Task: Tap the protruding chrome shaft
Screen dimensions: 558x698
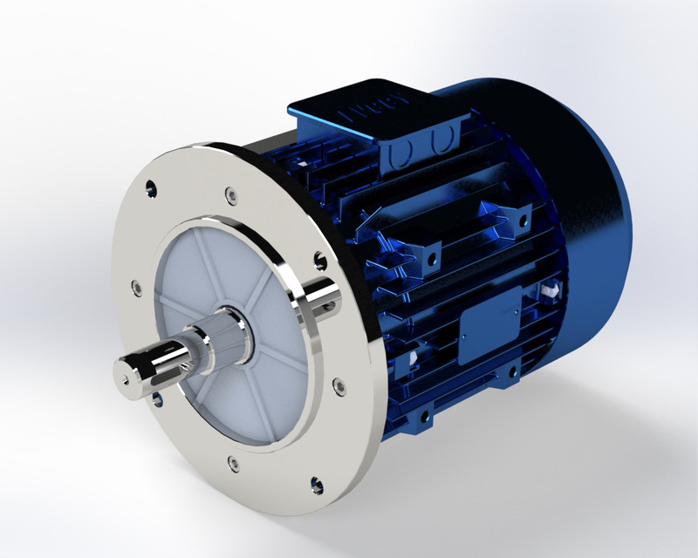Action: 161,358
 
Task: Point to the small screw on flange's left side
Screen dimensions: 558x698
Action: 136,285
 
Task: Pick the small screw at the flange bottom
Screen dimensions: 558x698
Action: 232,463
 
